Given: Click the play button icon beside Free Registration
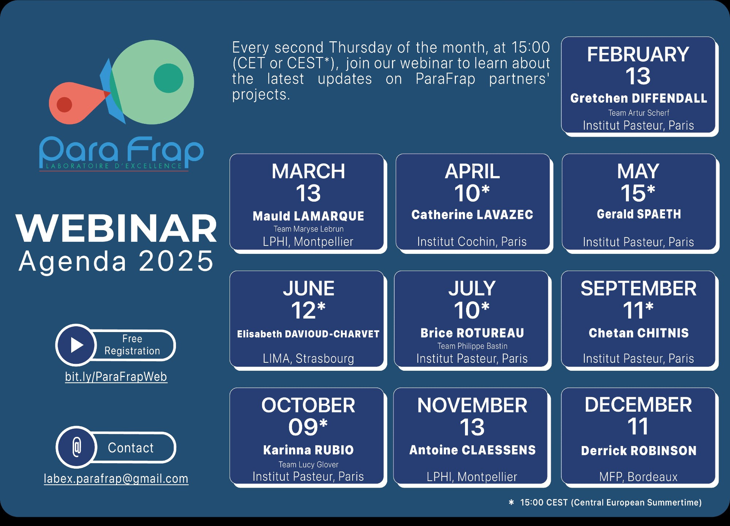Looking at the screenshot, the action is point(76,345).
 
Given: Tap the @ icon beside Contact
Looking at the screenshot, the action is point(76,447).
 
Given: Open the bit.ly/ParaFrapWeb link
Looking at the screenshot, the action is point(116,377).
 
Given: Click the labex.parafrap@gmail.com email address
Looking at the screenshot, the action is point(116,479).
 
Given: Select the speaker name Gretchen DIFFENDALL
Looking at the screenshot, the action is point(638,98).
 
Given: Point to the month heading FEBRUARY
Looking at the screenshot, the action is point(638,54).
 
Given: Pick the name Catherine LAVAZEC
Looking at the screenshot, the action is point(472,215).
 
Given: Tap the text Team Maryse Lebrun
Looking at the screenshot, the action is point(308,229).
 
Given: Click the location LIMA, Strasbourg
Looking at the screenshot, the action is point(308,359).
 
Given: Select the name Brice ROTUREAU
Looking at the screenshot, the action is point(472,333).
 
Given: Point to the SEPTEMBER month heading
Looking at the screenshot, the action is point(638,289).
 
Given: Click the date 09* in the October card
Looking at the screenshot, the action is point(308,427).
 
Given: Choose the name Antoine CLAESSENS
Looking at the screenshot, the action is point(472,450).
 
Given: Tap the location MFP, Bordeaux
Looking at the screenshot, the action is point(638,477).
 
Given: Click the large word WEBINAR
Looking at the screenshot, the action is point(116,229).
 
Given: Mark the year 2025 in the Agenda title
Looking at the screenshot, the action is point(176,261).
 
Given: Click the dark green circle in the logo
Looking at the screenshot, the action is point(168,78).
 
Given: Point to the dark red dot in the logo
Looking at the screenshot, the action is point(64,105).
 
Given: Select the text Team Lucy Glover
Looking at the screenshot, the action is point(308,465).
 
